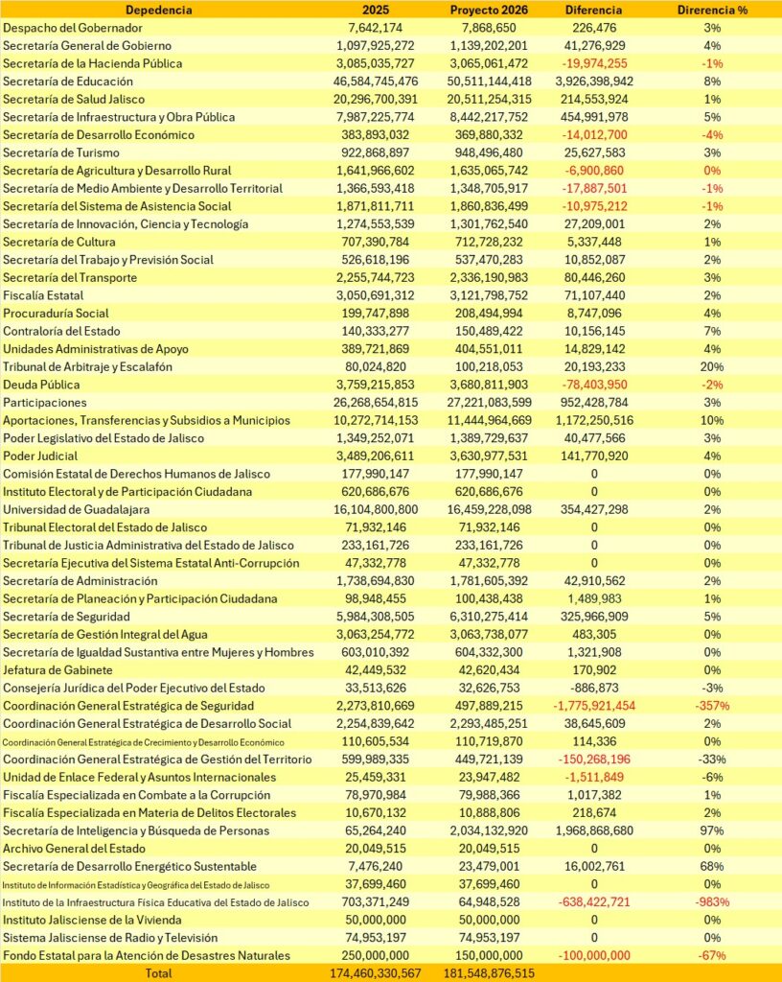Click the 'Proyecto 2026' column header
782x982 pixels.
[489, 10]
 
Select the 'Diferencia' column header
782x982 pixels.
[596, 10]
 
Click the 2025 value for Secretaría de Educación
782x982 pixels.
[377, 82]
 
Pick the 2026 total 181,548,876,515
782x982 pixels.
[489, 973]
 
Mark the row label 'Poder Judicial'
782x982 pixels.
[39, 456]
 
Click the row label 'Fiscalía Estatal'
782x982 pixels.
[43, 295]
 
